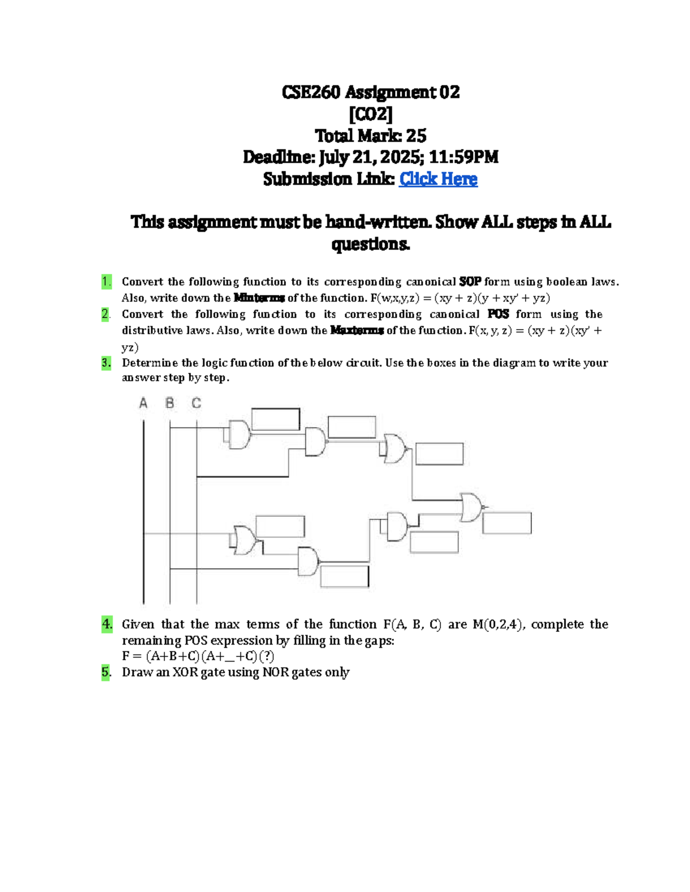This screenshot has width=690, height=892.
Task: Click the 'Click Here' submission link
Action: point(438,179)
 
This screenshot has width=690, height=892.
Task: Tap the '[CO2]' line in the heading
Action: point(371,114)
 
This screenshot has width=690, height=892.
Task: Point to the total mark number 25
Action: point(416,136)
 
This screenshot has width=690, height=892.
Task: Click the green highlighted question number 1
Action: point(106,281)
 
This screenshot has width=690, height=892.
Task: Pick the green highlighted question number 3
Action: point(106,362)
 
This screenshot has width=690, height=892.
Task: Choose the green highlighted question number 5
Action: point(106,672)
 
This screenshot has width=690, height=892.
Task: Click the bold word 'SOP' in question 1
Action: point(470,282)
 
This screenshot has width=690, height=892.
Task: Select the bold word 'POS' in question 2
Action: point(498,314)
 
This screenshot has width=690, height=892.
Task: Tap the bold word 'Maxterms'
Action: point(356,330)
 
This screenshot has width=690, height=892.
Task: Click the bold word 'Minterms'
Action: point(259,298)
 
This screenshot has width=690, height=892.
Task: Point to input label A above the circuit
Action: point(143,403)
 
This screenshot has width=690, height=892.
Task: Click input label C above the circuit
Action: point(197,403)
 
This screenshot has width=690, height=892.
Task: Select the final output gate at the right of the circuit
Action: point(473,507)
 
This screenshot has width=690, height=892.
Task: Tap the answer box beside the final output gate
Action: point(507,523)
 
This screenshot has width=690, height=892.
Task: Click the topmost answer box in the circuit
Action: point(275,419)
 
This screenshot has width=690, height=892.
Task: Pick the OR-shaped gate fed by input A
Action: point(244,539)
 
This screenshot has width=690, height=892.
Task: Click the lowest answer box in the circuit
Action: point(344,577)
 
